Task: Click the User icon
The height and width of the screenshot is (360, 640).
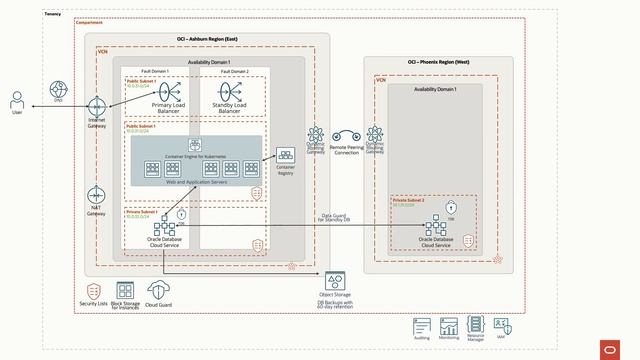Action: (x=17, y=100)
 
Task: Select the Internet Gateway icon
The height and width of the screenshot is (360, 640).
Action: (x=96, y=106)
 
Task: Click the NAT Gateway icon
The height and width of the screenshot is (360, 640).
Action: (x=96, y=195)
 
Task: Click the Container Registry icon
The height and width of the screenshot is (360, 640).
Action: (x=285, y=156)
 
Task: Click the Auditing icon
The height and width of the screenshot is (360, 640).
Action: (x=421, y=326)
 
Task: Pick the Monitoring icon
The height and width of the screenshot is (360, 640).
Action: (x=449, y=326)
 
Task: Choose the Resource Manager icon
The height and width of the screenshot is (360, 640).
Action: (x=477, y=325)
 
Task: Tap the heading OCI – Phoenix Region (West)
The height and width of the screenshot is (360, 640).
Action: (x=438, y=62)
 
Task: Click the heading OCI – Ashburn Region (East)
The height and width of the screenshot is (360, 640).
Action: (x=207, y=38)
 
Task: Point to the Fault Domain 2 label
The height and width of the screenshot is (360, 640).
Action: (x=235, y=72)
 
